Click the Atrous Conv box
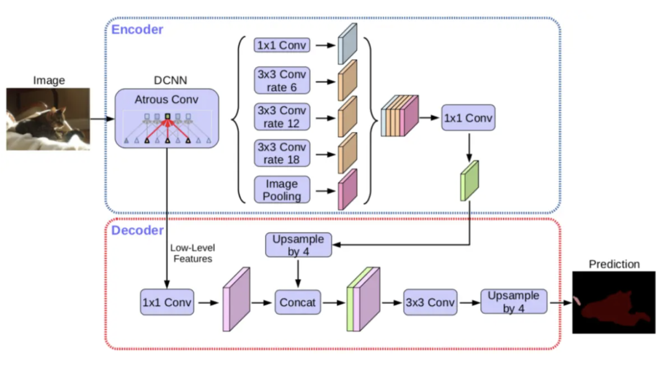pos(167,118)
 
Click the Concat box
pos(298,303)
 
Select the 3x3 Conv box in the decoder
pos(430,303)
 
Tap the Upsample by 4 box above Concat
pos(298,245)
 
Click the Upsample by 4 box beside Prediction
pos(514,302)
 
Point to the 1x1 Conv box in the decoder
pos(167,303)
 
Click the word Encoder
pos(137,29)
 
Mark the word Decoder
pos(137,231)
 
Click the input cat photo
pos(48,119)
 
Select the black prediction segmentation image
pos(613,302)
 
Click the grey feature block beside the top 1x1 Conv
pos(347,44)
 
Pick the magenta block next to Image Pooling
pos(347,189)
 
